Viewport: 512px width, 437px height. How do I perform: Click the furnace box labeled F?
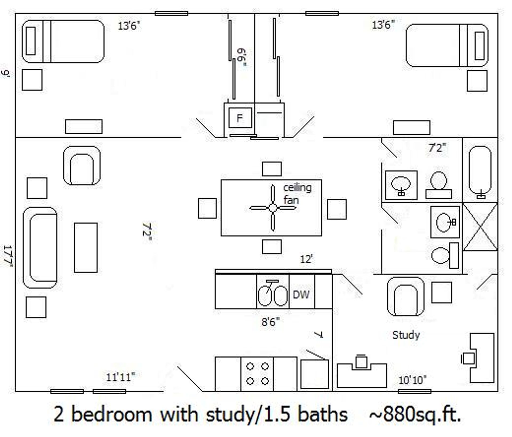pos(240,118)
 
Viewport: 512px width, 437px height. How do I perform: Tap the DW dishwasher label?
pos(301,295)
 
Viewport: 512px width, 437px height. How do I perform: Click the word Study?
pos(406,335)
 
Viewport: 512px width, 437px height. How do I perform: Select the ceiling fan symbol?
pos(273,208)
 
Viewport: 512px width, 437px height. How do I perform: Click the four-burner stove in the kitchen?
pos(257,374)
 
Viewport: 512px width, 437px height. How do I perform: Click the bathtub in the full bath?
pos(480,171)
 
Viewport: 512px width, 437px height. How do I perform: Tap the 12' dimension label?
pos(306,259)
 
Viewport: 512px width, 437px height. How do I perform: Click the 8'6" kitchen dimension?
pos(270,322)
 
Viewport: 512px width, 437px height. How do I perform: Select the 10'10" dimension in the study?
pos(412,380)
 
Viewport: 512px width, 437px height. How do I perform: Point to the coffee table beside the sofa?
pos(86,247)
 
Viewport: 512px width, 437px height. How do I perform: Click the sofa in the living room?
pos(40,247)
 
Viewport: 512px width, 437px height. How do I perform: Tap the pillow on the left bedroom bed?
pos(31,41)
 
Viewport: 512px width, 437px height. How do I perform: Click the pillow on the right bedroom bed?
pos(479,46)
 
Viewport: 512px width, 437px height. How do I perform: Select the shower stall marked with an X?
pos(480,227)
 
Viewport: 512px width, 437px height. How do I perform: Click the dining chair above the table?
pos(272,169)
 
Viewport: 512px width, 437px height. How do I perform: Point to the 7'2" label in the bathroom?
pos(437,148)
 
